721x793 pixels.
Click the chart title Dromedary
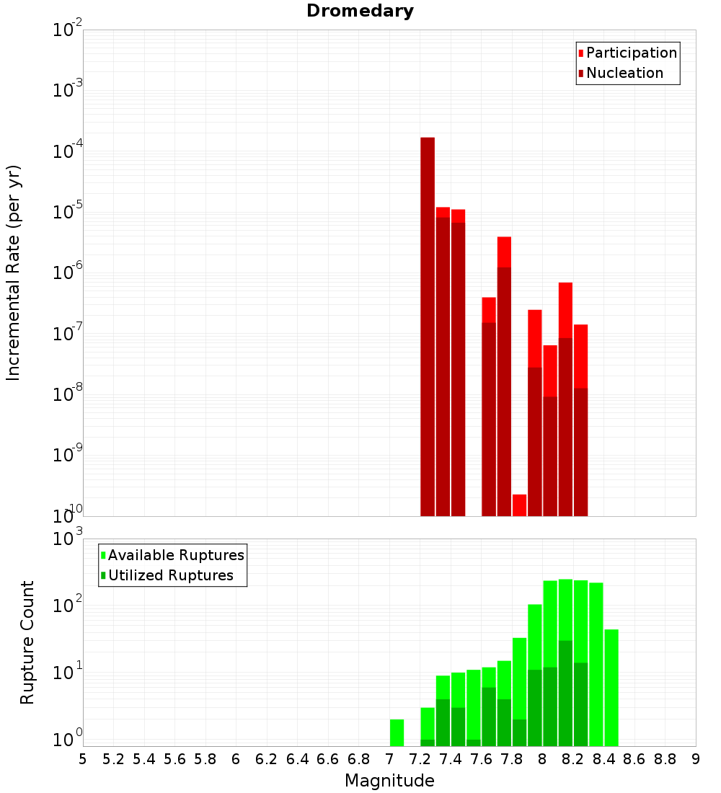[360, 11]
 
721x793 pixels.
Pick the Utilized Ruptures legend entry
[170, 575]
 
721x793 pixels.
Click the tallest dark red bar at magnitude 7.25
[428, 324]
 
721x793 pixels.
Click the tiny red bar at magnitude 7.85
[519, 505]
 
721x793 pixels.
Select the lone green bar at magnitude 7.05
[397, 732]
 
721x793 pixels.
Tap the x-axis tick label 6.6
[328, 759]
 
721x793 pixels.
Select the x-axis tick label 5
[83, 759]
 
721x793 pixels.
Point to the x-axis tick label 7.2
[420, 759]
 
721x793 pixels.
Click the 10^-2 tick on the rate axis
[68, 31]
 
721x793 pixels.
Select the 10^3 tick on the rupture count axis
[68, 539]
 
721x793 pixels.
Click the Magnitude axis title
[389, 781]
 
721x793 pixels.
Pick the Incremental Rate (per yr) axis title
[14, 273]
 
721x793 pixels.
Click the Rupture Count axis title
[27, 642]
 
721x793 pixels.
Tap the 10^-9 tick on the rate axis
[68, 456]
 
